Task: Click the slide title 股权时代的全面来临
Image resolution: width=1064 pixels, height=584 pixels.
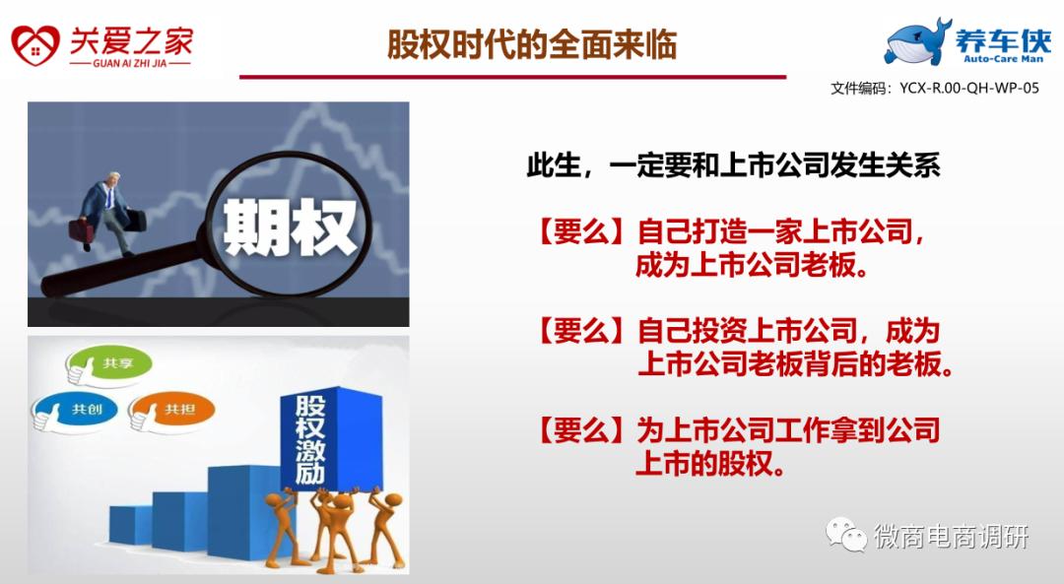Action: click(x=531, y=44)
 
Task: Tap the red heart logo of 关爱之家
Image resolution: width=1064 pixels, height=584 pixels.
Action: click(x=36, y=46)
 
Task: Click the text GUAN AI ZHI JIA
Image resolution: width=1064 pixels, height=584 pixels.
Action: click(x=130, y=63)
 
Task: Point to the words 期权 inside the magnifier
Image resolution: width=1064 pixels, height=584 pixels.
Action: click(x=290, y=227)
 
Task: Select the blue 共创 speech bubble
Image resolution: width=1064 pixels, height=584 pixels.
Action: click(x=75, y=411)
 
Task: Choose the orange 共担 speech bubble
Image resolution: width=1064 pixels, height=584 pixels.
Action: click(x=172, y=411)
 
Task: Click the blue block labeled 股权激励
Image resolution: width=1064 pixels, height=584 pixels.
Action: click(x=332, y=437)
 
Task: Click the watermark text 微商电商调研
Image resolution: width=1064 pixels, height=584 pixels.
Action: click(x=952, y=537)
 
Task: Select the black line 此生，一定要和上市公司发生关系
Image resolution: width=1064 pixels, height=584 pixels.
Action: click(x=733, y=164)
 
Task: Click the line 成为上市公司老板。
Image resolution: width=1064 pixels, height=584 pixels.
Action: click(x=753, y=265)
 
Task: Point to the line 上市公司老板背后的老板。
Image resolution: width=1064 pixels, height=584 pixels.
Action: click(x=795, y=364)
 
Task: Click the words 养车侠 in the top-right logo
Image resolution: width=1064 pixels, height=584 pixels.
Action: click(x=1003, y=40)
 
